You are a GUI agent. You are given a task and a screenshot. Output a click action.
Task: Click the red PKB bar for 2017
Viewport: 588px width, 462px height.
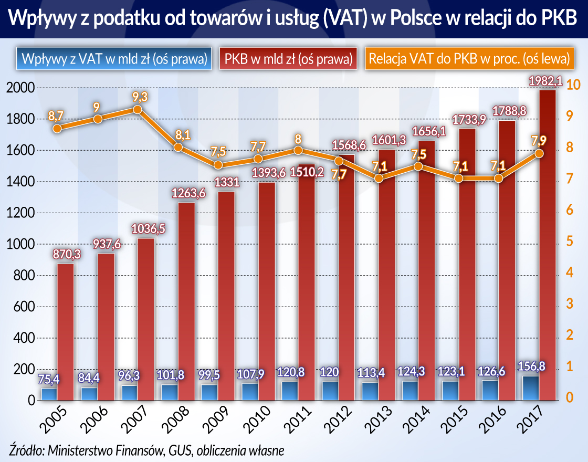coord(548,245)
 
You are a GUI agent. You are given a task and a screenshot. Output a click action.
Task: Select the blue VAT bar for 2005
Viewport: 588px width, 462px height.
coord(49,394)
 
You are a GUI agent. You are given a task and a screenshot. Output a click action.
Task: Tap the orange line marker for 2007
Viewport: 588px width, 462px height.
coord(138,110)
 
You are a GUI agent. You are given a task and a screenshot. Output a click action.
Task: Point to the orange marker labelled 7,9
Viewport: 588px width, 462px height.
coord(539,153)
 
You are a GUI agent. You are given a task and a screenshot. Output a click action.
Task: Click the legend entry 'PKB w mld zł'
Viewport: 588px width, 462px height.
coord(288,58)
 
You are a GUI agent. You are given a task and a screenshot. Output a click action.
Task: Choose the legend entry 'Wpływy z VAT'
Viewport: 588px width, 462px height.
coord(114,58)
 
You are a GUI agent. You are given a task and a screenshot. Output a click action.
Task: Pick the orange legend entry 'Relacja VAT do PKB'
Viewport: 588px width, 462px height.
coord(469,58)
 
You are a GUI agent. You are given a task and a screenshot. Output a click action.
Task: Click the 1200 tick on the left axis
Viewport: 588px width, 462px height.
coord(20,213)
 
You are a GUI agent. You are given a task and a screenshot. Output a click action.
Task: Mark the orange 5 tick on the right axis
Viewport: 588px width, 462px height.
coord(570,241)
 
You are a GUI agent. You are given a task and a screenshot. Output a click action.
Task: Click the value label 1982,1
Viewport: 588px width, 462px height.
coord(545,81)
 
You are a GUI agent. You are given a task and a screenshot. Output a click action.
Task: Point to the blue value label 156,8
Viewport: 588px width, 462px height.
coord(531,366)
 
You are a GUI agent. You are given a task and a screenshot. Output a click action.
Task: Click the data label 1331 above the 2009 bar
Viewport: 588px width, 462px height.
coord(226,182)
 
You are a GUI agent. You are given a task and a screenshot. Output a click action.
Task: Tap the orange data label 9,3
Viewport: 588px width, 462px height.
coord(140,97)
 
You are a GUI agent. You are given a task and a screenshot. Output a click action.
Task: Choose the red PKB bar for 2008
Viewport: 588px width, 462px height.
coord(186,301)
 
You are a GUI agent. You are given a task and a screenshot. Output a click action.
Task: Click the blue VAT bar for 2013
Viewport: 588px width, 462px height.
coord(370,391)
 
